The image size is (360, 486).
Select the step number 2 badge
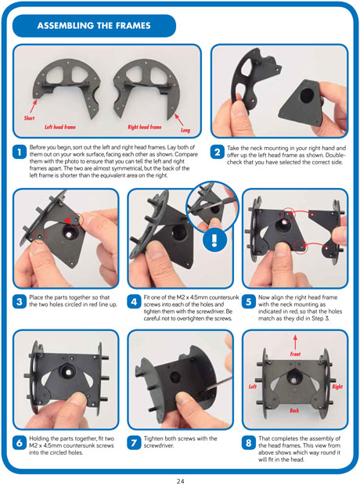(x=217, y=153)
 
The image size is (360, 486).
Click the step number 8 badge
(x=248, y=443)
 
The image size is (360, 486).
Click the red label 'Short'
(x=29, y=117)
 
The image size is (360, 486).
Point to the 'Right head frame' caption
(x=145, y=126)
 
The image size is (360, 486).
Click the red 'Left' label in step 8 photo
(x=254, y=386)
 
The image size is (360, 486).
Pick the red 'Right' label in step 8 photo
(x=337, y=386)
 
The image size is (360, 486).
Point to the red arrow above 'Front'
(x=295, y=341)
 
